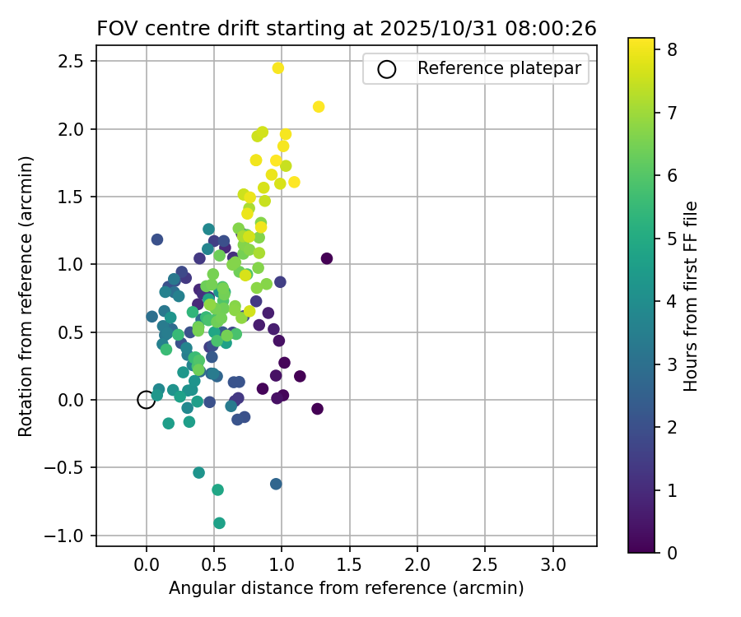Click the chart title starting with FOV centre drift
pos(347,29)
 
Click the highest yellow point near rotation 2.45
pos(278,67)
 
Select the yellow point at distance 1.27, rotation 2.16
pos(319,107)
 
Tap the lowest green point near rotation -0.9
pos(219,523)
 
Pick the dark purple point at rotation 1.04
pos(327,258)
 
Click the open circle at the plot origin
pos(147,400)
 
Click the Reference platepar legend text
pos(503,68)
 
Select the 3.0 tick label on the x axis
pos(552,565)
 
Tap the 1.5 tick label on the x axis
pos(349,565)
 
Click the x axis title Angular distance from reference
pos(347,589)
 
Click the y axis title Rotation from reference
pos(26,295)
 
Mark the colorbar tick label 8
pos(672,49)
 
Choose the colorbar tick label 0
pos(672,553)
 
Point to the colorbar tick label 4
pos(672,301)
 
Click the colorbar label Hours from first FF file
pos(692,295)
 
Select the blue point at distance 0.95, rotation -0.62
pos(276,484)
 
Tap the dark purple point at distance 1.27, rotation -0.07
pos(318,409)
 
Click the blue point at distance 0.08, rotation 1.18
pos(157,239)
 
